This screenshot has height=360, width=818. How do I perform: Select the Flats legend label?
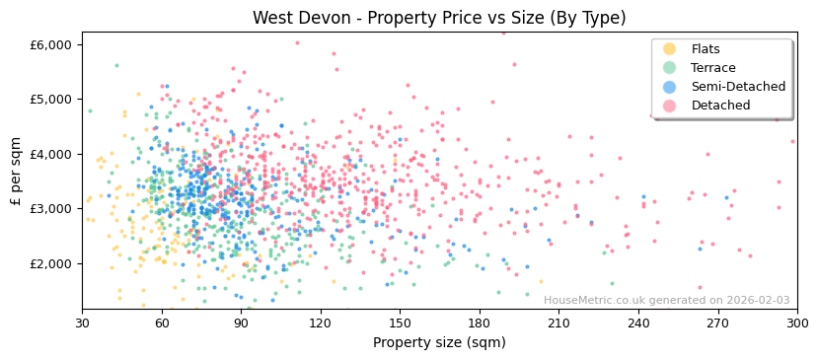[x=706, y=49]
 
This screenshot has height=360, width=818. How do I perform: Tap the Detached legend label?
[x=720, y=106]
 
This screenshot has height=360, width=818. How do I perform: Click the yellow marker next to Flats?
[x=670, y=49]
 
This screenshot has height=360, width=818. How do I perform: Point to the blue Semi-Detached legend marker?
[x=670, y=87]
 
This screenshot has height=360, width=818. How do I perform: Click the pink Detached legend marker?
[x=670, y=106]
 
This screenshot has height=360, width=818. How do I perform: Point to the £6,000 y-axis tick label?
[x=51, y=44]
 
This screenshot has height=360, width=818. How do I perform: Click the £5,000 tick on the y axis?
[x=51, y=100]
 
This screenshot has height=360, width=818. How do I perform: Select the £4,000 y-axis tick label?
[x=51, y=154]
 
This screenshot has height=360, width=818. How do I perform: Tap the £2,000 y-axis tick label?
[x=51, y=263]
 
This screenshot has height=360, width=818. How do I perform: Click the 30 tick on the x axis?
[x=82, y=323]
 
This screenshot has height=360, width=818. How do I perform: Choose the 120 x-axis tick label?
[x=320, y=323]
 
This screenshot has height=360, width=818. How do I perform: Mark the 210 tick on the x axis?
[x=558, y=323]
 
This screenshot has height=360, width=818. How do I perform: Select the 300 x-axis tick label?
[x=796, y=323]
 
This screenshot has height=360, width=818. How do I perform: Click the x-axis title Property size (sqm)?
[x=439, y=342]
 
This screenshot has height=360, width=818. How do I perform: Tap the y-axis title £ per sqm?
[x=16, y=171]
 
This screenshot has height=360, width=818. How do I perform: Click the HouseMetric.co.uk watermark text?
[x=666, y=300]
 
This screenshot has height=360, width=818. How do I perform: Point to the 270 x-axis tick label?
[x=717, y=323]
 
